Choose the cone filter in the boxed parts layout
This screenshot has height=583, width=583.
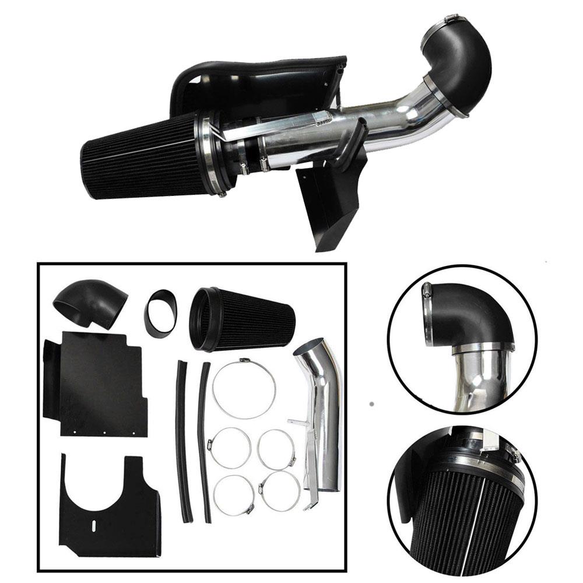coord(245,319)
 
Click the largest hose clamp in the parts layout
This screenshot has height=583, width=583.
coord(244,388)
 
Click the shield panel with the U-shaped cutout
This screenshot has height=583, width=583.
coord(108,507)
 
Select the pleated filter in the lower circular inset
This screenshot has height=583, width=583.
coord(461,513)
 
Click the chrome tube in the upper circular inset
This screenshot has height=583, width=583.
coord(478,379)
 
